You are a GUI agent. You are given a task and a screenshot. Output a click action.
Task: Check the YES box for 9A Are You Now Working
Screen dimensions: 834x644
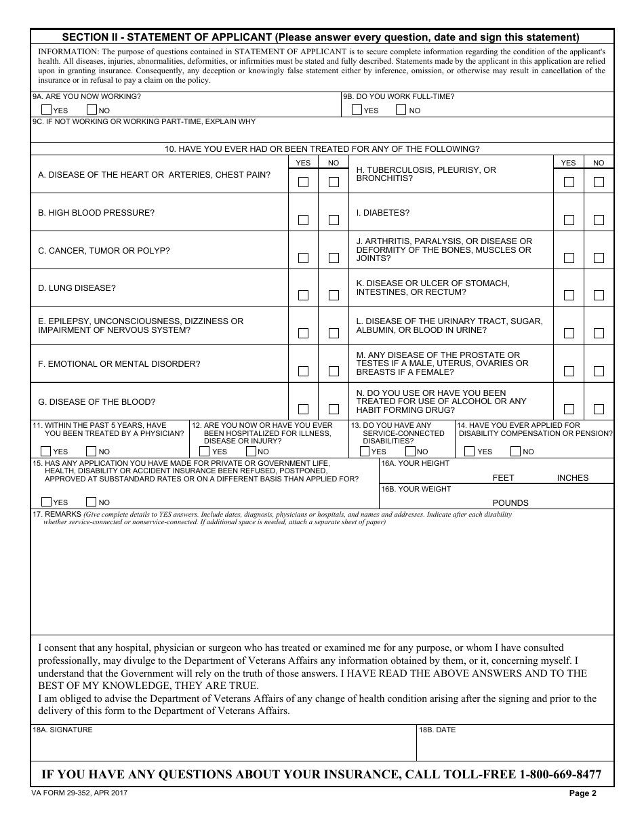[x=46, y=110]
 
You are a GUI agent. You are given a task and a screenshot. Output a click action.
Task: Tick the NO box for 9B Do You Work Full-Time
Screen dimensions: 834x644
[x=401, y=110]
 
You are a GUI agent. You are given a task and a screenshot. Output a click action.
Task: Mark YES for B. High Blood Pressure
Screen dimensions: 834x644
[x=303, y=220]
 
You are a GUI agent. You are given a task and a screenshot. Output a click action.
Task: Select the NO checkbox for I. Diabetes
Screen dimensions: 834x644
[x=599, y=220]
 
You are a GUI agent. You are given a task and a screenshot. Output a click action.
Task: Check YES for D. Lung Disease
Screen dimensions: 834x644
[x=303, y=296]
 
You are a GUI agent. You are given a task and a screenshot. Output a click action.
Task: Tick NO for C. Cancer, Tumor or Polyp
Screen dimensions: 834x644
[x=334, y=258]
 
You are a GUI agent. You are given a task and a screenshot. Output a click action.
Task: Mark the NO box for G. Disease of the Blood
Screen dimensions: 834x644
[x=334, y=409]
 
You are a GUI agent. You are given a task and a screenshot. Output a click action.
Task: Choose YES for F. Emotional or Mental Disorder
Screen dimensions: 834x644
[x=303, y=371]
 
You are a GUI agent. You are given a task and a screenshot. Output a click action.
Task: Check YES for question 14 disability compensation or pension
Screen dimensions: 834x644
[x=469, y=451]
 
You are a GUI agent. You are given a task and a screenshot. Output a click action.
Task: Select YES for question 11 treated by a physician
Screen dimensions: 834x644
[x=46, y=451]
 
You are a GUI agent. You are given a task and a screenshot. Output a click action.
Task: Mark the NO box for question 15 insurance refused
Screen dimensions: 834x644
[x=91, y=502]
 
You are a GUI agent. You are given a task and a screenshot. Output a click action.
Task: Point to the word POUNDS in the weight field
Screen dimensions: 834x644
[x=510, y=503]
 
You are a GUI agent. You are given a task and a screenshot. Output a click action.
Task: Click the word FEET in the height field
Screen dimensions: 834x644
[x=503, y=478]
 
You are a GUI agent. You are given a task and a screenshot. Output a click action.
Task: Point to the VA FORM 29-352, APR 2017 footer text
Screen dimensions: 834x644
[x=79, y=793]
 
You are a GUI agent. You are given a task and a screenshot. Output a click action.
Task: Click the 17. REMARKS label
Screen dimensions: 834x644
[x=57, y=515]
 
